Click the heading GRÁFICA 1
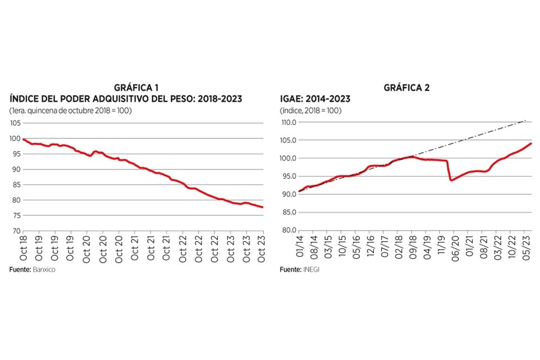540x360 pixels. (137, 88)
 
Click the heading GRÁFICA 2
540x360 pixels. (406, 88)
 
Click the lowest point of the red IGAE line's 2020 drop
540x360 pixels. (451, 180)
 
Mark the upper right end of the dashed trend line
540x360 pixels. (525, 120)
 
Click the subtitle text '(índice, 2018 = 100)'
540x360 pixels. (310, 111)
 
